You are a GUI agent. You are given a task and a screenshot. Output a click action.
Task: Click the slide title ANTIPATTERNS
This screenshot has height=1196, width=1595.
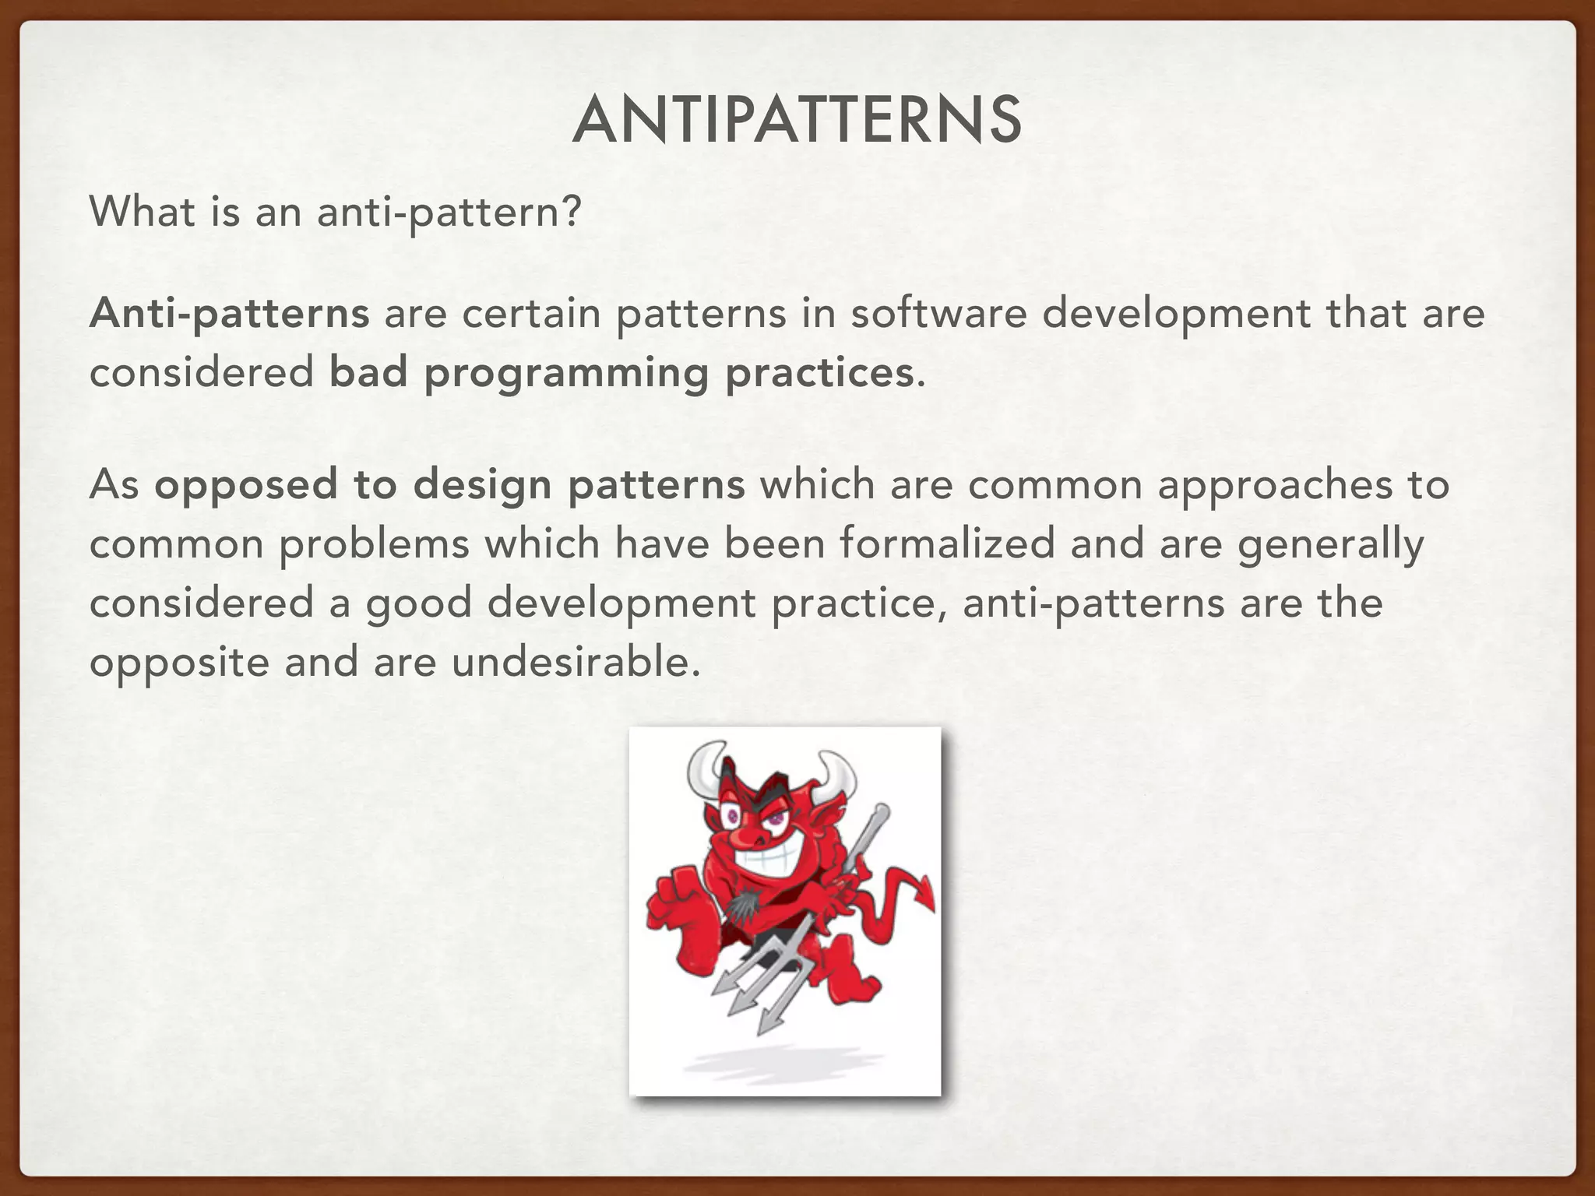797,121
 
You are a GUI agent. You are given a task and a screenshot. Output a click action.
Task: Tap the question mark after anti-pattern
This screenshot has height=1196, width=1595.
571,212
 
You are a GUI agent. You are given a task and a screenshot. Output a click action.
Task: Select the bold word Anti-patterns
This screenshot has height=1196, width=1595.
229,314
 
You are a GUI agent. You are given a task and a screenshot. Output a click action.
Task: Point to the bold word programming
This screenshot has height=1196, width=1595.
566,374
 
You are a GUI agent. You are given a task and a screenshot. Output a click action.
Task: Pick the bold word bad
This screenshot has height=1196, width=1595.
368,372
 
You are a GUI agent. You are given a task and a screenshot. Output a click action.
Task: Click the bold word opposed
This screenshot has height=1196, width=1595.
245,485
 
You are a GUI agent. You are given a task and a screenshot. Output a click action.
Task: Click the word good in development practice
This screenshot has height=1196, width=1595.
419,604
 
